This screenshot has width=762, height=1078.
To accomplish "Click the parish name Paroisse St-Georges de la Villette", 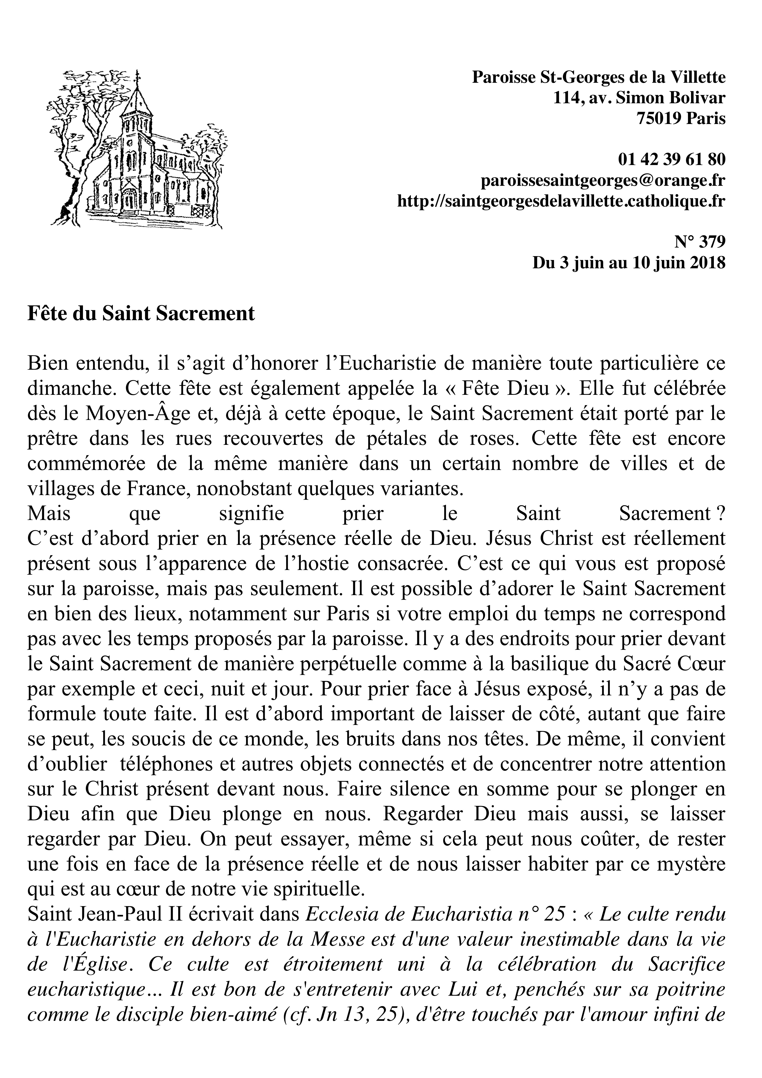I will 599,77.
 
